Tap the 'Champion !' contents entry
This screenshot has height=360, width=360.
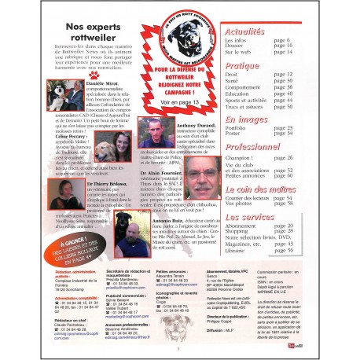click(x=242, y=158)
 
